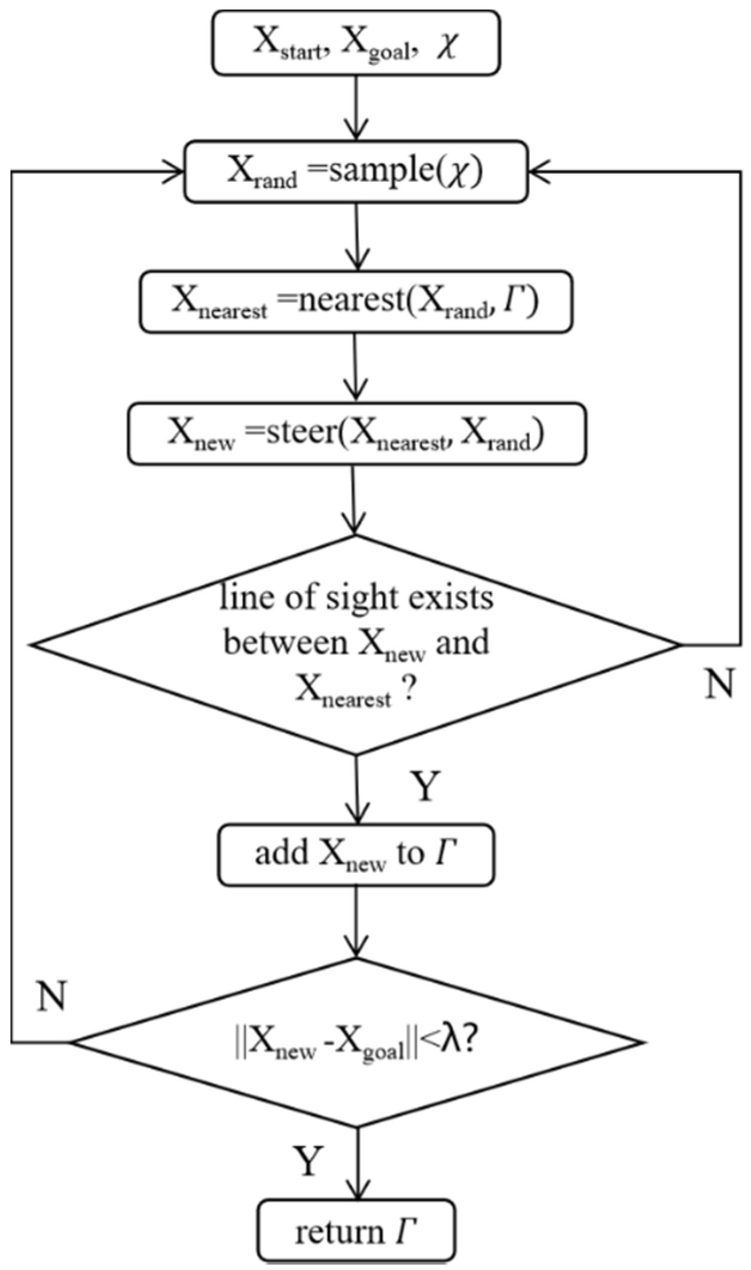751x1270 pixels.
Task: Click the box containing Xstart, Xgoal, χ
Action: [356, 43]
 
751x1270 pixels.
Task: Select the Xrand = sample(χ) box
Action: [356, 172]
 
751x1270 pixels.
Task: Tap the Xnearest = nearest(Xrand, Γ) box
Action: [356, 302]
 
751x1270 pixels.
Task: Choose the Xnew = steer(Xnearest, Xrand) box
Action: [356, 434]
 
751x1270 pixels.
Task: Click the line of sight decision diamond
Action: [356, 645]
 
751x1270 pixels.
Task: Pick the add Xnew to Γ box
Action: [356, 855]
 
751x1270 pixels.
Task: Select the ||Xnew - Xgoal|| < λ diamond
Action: [356, 1043]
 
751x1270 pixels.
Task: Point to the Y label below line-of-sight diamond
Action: [425, 786]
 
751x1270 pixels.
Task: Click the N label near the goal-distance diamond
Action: [51, 996]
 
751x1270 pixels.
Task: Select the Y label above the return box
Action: [308, 1160]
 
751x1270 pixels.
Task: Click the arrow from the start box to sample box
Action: [356, 108]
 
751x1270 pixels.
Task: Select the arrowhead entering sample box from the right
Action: [538, 172]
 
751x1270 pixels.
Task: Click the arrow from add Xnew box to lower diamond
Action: [356, 922]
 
